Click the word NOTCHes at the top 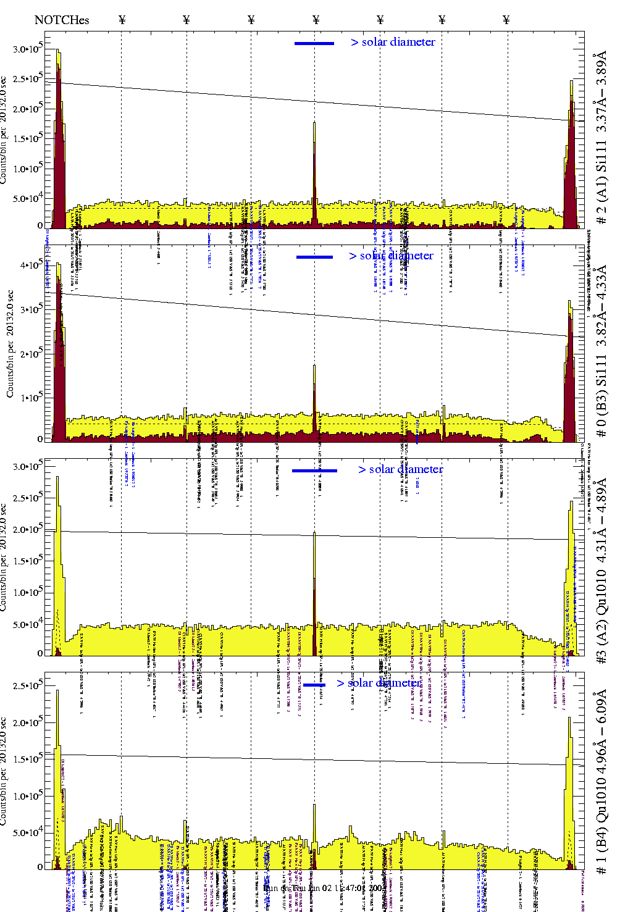point(62,20)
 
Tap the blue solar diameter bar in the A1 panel point(314,43)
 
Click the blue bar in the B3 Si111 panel point(314,257)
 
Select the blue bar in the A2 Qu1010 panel point(314,471)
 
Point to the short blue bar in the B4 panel point(314,685)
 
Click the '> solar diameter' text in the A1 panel point(393,42)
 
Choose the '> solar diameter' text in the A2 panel point(400,469)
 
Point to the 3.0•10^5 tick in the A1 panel point(28,49)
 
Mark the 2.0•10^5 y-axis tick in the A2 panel point(28,530)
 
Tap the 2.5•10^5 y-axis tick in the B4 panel point(28,685)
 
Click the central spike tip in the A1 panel point(314,124)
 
